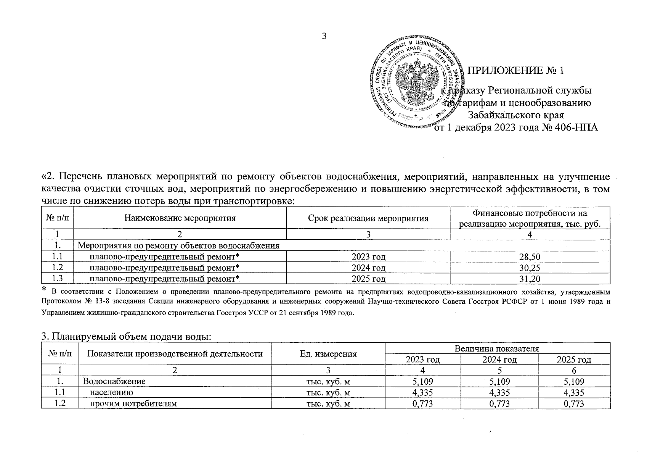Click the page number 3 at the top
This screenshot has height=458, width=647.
324,36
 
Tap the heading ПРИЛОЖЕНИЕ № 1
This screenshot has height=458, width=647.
515,71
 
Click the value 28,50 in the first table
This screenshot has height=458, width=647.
530,256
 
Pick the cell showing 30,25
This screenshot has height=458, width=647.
530,268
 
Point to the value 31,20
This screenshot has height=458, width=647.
530,279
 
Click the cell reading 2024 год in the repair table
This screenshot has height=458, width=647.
368,268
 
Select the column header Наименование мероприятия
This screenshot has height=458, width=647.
180,218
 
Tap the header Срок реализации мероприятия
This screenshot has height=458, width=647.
368,218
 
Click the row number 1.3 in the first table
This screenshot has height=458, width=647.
58,279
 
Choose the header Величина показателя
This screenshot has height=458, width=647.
497,348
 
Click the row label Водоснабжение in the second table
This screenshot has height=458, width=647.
114,381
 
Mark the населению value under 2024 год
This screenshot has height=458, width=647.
499,392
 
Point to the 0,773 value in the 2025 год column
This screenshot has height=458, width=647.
574,403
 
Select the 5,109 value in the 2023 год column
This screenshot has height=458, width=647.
423,381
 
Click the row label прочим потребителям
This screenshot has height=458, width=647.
133,403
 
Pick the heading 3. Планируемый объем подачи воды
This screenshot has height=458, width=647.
126,337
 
